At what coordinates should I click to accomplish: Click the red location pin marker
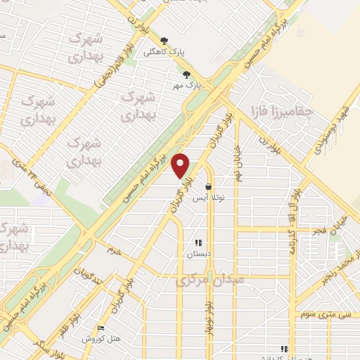181,165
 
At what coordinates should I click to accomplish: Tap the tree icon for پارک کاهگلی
164,41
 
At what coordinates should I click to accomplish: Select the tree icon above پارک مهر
186,74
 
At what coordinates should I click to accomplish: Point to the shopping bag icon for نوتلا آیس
209,187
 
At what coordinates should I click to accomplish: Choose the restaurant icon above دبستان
198,243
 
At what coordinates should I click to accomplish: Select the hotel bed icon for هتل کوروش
100,328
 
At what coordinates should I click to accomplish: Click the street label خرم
114,250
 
